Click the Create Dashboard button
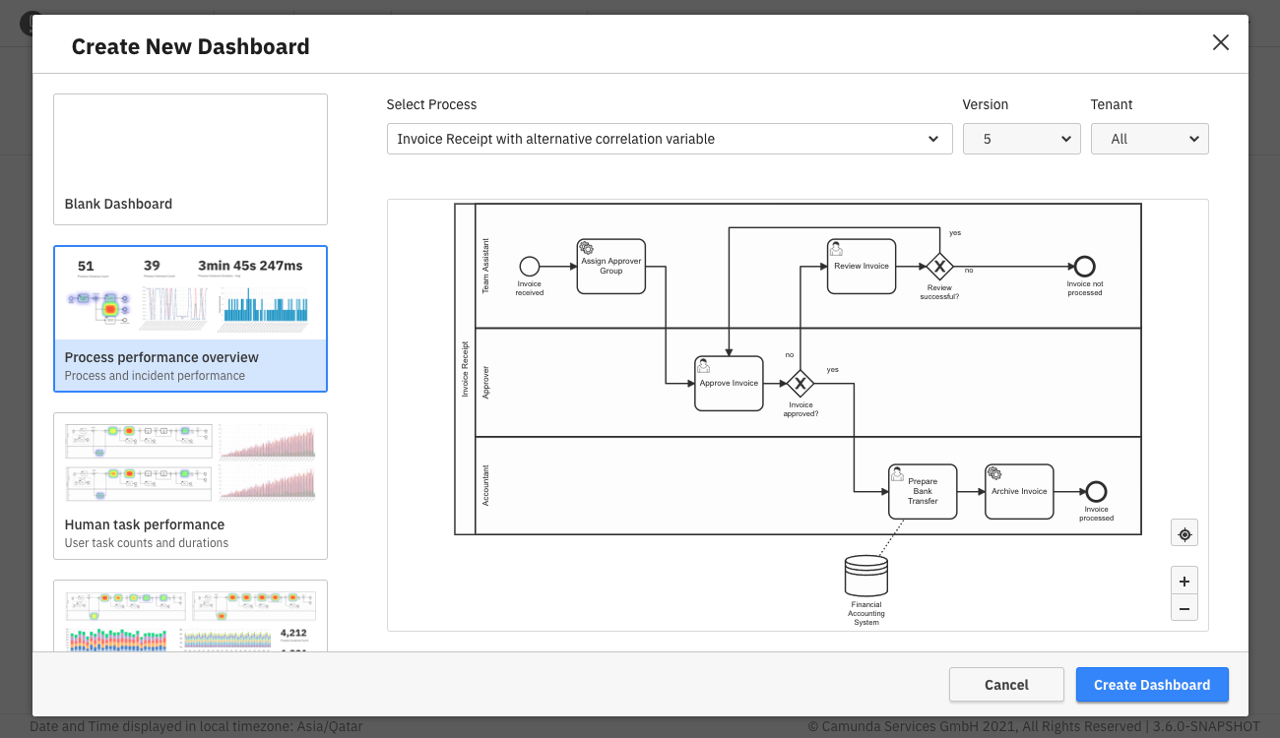click(1151, 685)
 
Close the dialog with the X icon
click(1221, 42)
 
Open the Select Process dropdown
click(669, 139)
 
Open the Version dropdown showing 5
click(1021, 139)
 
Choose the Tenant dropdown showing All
click(1149, 139)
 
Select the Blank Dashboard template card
click(190, 159)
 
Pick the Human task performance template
click(190, 486)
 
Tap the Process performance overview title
click(161, 357)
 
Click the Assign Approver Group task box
click(610, 266)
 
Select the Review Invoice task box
click(862, 266)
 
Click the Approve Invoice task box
click(729, 383)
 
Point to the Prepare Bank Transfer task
click(923, 491)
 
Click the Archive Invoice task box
click(1019, 491)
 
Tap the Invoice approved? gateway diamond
click(800, 383)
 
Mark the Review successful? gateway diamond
click(939, 266)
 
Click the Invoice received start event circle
click(530, 266)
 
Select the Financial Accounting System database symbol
click(866, 577)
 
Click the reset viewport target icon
click(1184, 533)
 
